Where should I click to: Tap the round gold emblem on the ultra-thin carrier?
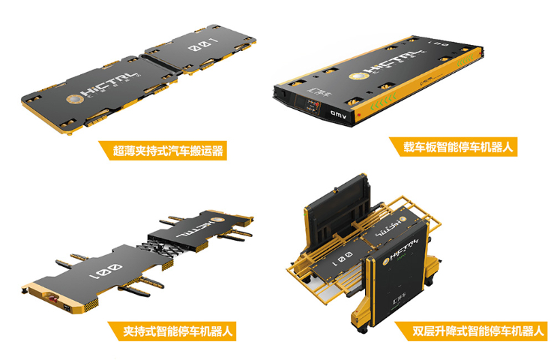(74, 98)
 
